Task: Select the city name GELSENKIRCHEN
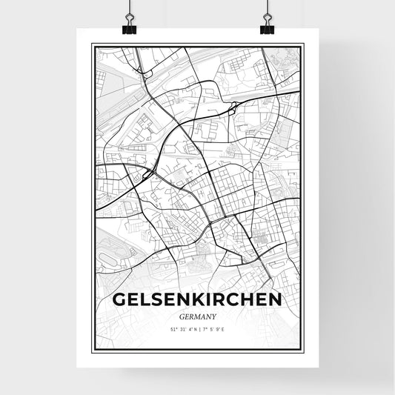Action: coord(197,299)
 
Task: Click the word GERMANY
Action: coord(197,316)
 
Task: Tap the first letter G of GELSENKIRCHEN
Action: coord(120,299)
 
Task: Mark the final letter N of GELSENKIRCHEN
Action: coord(274,299)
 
